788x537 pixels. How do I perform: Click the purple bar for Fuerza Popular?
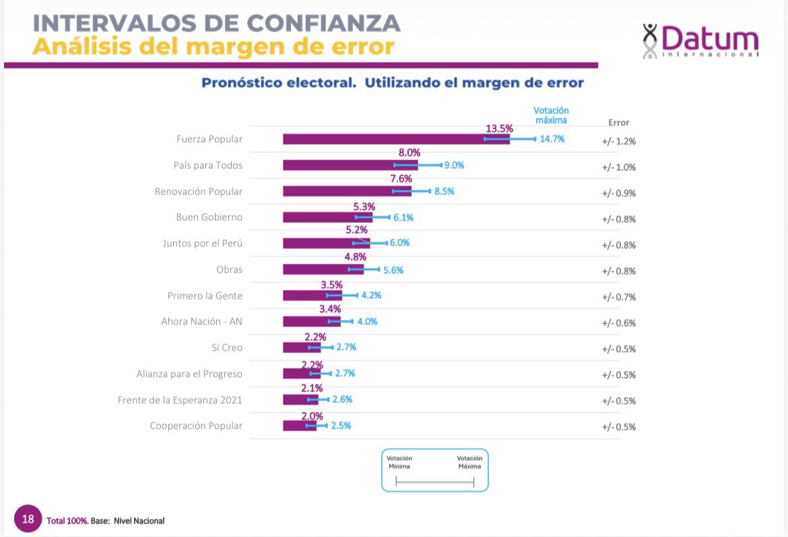[x=396, y=139]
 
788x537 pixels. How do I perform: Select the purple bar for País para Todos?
[x=350, y=165]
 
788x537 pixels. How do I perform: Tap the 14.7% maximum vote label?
[x=552, y=139]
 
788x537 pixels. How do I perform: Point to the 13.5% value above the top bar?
[x=499, y=128]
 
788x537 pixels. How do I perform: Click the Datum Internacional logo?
[x=700, y=40]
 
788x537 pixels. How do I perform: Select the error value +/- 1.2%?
[x=618, y=141]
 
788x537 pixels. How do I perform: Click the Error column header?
[x=618, y=122]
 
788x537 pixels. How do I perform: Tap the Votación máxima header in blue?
[x=551, y=115]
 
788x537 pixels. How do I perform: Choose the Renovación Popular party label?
[x=198, y=191]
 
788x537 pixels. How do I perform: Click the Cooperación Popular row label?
[x=195, y=425]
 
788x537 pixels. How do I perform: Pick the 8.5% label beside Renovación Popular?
[x=444, y=191]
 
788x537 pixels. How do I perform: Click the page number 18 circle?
[x=28, y=519]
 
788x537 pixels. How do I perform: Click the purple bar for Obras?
[x=323, y=269]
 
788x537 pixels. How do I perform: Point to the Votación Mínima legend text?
[x=399, y=462]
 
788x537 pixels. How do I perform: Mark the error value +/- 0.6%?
[x=618, y=322]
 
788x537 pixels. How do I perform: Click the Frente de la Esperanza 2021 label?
[x=179, y=400]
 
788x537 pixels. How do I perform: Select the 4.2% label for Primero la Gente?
[x=371, y=295]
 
